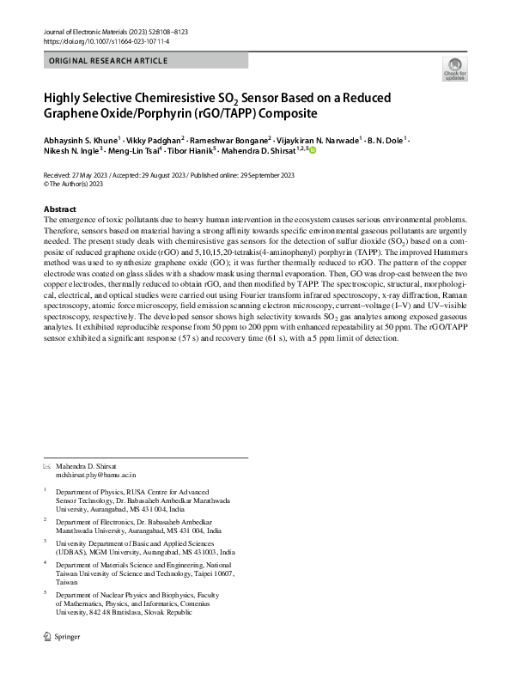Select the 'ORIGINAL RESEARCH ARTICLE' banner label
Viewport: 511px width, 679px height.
point(109,61)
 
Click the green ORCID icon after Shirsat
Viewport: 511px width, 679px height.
point(313,150)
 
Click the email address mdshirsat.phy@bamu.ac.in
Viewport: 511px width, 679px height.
point(96,474)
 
